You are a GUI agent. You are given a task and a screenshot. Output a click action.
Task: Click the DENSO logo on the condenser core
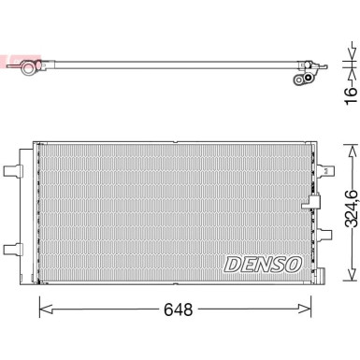coord(262,265)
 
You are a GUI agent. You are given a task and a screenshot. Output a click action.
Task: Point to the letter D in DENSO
coord(232,265)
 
